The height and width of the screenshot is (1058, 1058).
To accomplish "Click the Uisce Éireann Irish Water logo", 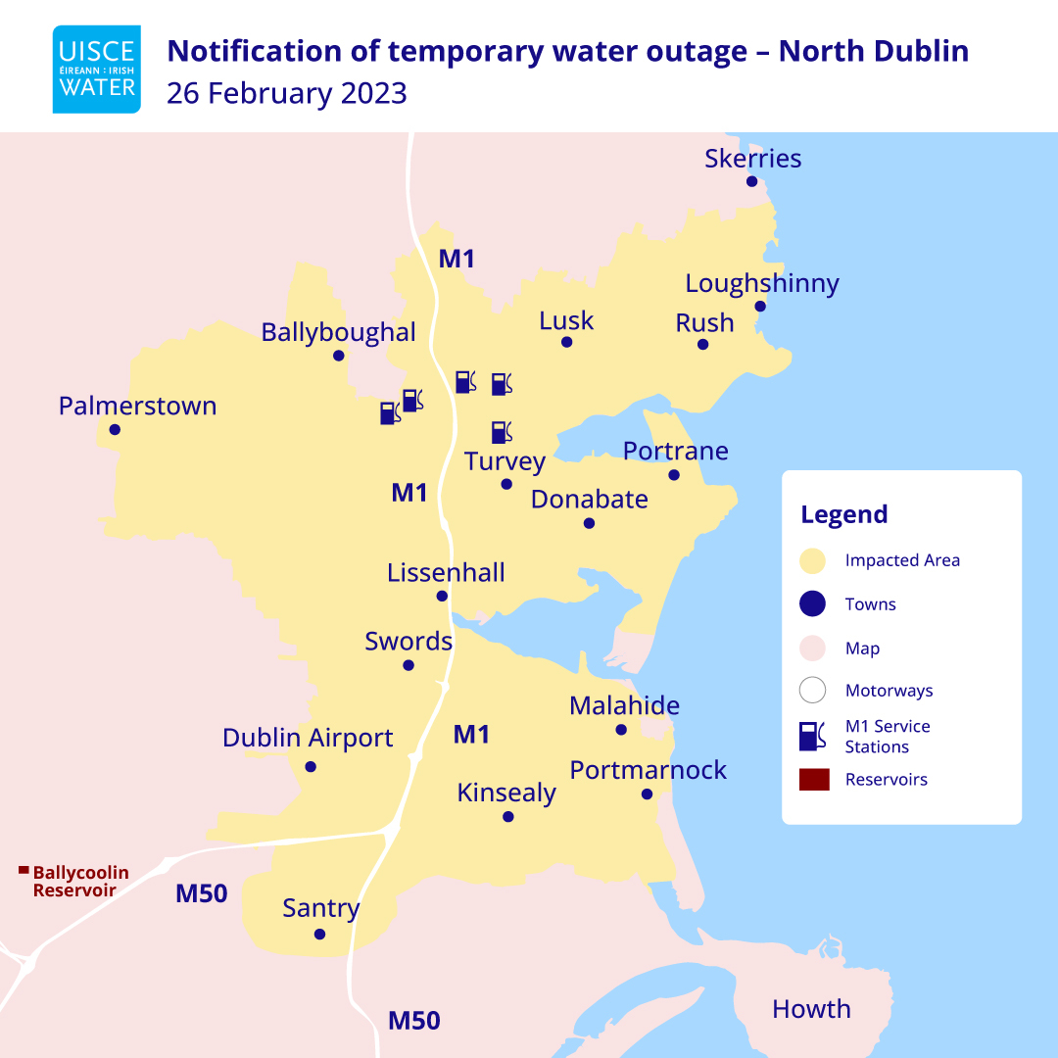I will [96, 69].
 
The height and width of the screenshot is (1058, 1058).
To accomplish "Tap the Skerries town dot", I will [752, 181].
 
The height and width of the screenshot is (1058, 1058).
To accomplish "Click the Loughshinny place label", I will [761, 284].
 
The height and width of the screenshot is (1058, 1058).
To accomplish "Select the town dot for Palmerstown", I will [115, 429].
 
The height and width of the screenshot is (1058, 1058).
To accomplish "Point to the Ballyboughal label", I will [338, 333].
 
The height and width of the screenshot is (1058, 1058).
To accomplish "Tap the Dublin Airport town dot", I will [311, 766].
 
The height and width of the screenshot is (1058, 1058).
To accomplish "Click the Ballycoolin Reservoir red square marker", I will [24, 869].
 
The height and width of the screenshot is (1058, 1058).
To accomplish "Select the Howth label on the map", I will [811, 1009].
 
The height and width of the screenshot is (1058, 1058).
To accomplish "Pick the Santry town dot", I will [319, 934].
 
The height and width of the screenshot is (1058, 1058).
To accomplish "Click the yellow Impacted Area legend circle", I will [812, 560].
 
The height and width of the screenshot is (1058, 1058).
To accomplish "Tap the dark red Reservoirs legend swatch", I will [814, 780].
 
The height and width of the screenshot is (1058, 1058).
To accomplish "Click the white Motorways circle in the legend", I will [812, 691].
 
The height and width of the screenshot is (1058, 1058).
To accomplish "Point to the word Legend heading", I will [843, 514].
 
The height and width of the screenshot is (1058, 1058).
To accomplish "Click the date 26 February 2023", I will [286, 94].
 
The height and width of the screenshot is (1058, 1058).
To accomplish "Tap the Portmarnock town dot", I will [647, 793].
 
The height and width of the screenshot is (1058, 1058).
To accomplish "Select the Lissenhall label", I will [446, 572].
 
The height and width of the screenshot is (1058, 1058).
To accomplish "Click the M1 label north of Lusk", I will [457, 260].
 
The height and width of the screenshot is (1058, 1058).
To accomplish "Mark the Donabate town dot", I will [589, 523].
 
